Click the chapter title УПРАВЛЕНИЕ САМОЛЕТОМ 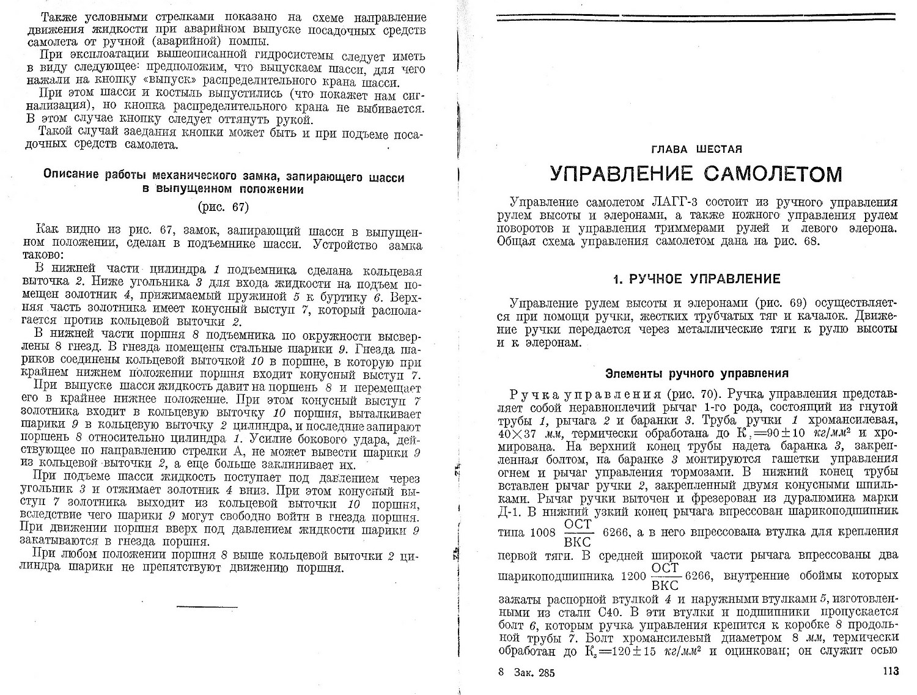click(696, 174)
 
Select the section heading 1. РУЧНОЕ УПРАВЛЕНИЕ click(697, 279)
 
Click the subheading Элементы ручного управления click(696, 373)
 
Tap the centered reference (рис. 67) click(223, 207)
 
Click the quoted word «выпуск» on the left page click(265, 83)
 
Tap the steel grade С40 click(641, 611)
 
